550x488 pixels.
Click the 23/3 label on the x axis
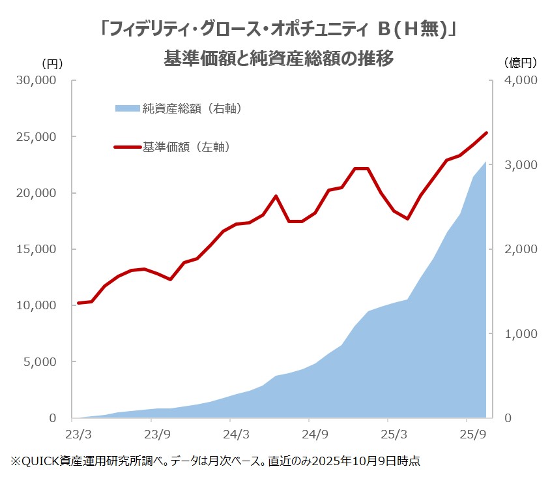[x=78, y=434]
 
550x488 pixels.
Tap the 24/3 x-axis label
[x=235, y=434]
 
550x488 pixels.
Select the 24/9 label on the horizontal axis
[x=314, y=434]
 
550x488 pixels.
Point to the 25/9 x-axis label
[x=472, y=434]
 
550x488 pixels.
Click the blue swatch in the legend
[x=128, y=108]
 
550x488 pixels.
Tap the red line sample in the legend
[x=128, y=147]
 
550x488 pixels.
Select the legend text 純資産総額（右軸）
[x=193, y=108]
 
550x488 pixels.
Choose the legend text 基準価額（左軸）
[x=187, y=147]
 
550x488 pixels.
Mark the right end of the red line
[x=486, y=133]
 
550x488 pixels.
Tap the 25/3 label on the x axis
[x=394, y=434]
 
